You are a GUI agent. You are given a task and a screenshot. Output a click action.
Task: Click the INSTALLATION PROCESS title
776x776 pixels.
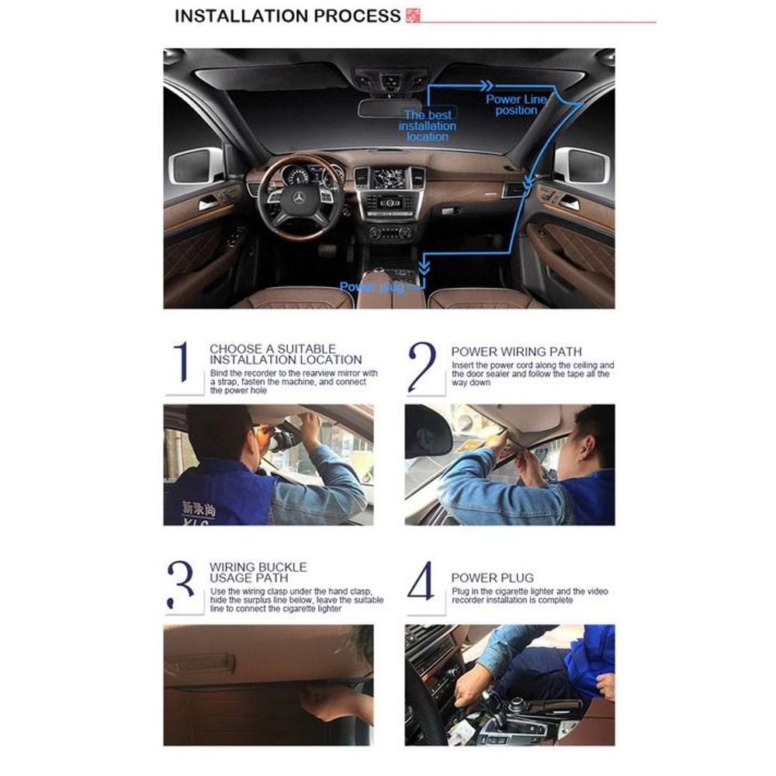point(287,16)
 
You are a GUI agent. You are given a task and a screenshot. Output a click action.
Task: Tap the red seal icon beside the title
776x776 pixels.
point(413,15)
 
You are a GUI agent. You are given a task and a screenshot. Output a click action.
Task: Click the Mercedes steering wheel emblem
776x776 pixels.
point(298,198)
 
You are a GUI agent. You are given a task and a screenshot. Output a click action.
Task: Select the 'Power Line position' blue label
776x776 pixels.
point(516,105)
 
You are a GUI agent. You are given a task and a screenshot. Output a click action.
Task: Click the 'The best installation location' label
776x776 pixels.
point(428,126)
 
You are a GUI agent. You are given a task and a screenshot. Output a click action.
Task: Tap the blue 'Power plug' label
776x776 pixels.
point(372,287)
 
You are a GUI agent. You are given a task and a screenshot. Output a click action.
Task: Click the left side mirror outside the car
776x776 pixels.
point(196,165)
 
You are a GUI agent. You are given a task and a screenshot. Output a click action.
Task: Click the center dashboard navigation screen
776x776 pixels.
point(390,178)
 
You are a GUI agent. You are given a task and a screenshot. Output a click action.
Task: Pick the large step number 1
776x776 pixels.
point(182,362)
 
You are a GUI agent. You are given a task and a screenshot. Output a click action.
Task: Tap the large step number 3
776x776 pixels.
point(181,584)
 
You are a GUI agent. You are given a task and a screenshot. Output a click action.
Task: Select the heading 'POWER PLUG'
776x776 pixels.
point(492,577)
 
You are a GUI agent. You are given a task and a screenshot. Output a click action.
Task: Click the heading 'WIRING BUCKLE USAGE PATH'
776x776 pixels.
point(258,573)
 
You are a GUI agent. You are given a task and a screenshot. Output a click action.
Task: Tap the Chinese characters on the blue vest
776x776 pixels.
point(199,508)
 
